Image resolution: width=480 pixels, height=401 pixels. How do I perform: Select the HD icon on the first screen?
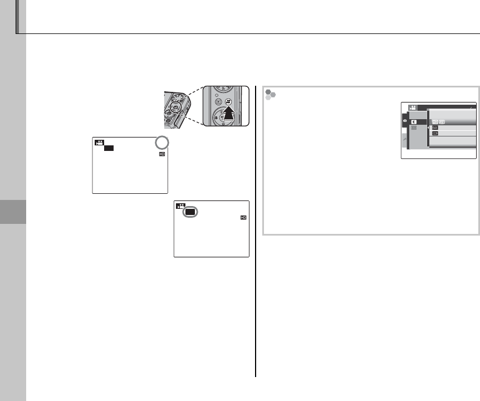(x=162, y=153)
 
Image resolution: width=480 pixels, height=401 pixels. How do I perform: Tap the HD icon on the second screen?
(x=243, y=217)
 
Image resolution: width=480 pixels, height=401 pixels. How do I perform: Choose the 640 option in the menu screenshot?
(x=435, y=127)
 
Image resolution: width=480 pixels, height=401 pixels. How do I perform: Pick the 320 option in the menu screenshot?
(x=435, y=134)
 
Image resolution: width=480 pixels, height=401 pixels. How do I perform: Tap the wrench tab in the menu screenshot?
(x=404, y=144)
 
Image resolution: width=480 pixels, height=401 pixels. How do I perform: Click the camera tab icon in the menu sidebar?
(x=404, y=120)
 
